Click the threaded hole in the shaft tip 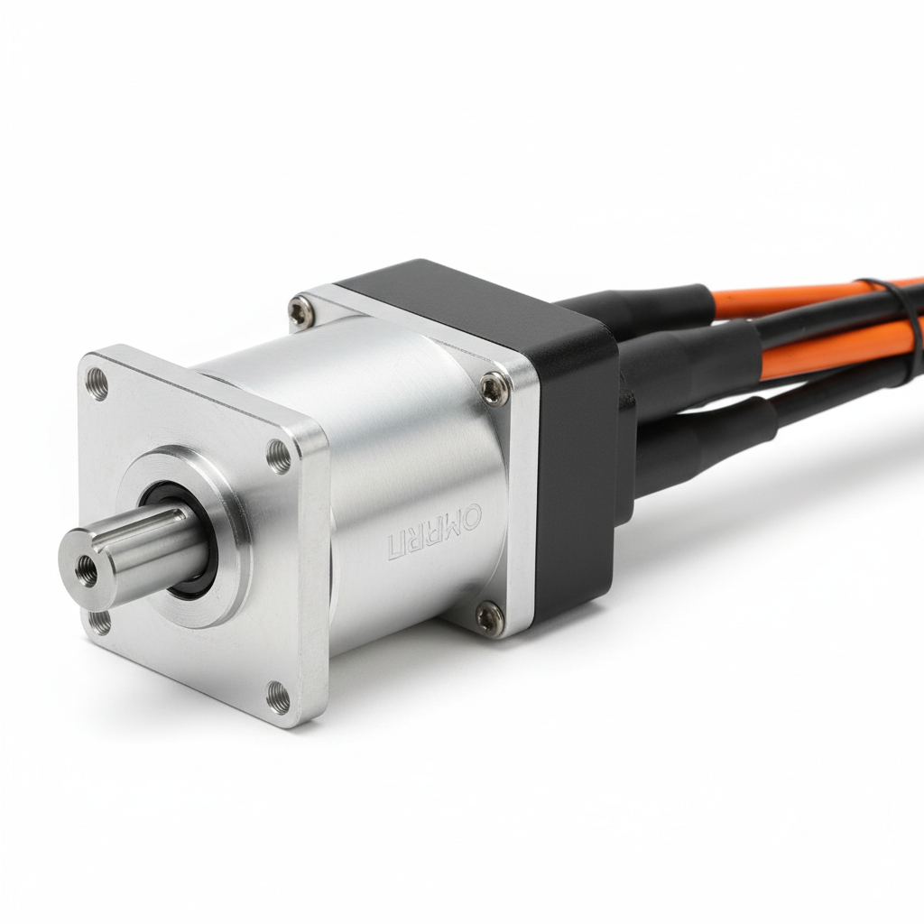[87, 569]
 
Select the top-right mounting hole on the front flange [280, 457]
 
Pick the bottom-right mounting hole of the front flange [279, 696]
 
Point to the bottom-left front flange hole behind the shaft [100, 621]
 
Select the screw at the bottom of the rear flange [489, 617]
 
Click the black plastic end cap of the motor [573, 451]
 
